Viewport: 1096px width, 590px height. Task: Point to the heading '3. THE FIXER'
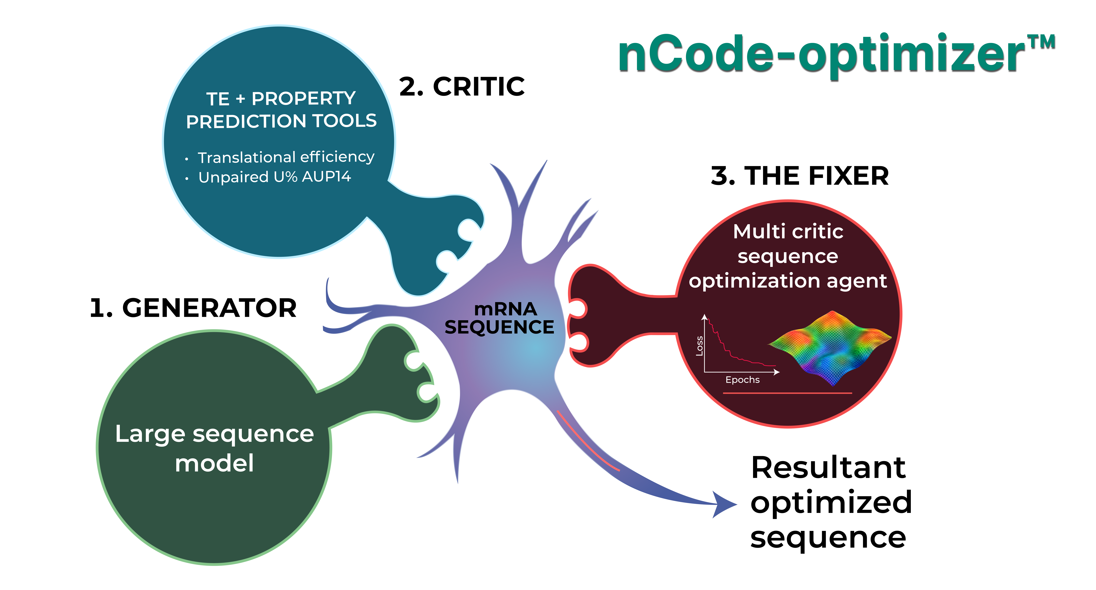[x=800, y=176]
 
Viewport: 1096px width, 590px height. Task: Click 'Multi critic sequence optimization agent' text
[x=788, y=256]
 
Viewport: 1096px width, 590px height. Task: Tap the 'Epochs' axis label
[x=742, y=380]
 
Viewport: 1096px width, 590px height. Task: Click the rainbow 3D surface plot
[x=830, y=347]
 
